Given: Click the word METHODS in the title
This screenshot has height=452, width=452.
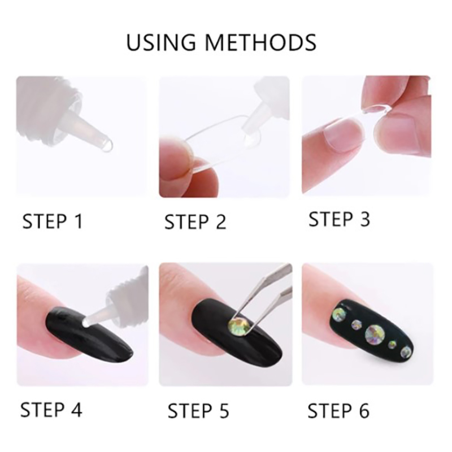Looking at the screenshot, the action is coord(260,43).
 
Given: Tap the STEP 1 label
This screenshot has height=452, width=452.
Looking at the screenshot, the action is coord(53,221).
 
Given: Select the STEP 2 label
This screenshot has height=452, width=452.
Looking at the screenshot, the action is coord(195,221).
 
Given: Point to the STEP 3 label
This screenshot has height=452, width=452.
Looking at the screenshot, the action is coord(339,219).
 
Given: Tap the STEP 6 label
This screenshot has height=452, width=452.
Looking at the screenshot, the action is coord(338,411).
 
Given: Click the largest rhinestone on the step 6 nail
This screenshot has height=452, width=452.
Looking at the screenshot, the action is coord(374,334).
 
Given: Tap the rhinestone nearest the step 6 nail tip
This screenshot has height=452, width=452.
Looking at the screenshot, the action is coord(406,351).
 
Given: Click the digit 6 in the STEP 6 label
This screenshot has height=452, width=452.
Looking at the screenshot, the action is coord(364,411).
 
